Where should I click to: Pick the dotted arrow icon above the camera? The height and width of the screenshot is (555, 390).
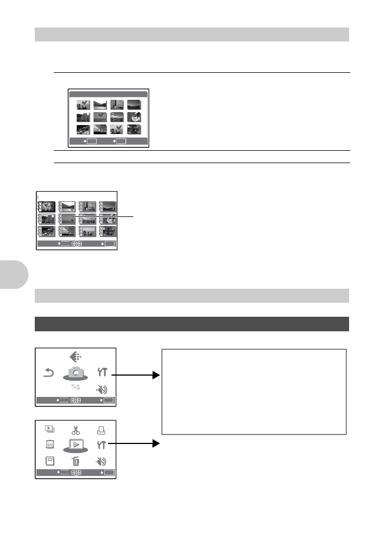(76, 355)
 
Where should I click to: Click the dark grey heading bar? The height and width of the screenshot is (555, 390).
(192, 324)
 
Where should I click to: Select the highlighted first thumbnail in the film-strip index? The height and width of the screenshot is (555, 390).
(47, 206)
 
